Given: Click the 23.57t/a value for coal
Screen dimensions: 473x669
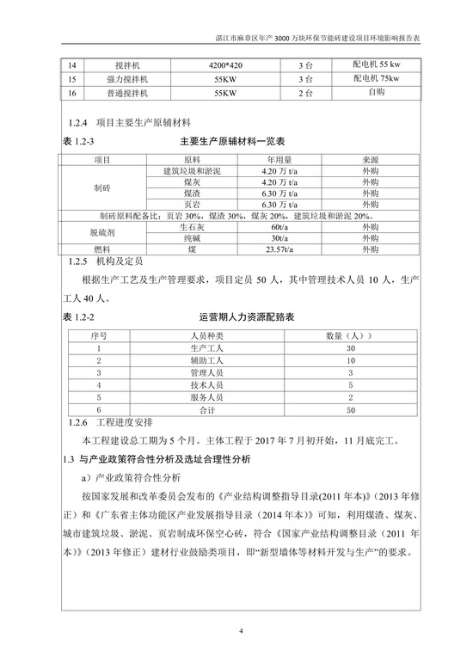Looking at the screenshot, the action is pos(278,249).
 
